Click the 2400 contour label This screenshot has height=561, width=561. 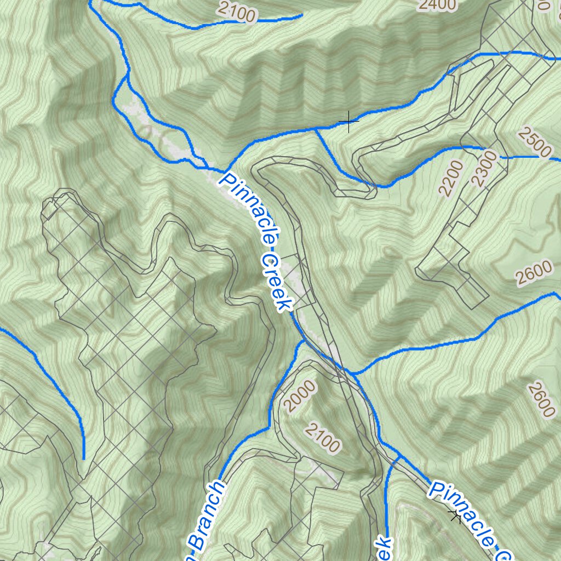pyautogui.click(x=437, y=5)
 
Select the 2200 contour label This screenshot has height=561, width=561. pyautogui.click(x=451, y=178)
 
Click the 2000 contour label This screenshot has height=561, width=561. pyautogui.click(x=301, y=397)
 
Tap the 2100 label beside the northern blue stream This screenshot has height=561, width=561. pyautogui.click(x=236, y=12)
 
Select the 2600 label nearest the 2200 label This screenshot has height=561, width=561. pyautogui.click(x=533, y=271)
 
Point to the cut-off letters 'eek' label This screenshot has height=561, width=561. pyautogui.click(x=384, y=548)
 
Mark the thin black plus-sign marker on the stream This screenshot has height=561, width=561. pyautogui.click(x=348, y=121)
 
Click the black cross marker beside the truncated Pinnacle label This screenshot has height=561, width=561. pyautogui.click(x=455, y=514)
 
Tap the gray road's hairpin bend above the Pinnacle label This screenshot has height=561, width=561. pyautogui.click(x=260, y=167)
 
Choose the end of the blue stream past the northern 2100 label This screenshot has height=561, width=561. pyautogui.click(x=301, y=16)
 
